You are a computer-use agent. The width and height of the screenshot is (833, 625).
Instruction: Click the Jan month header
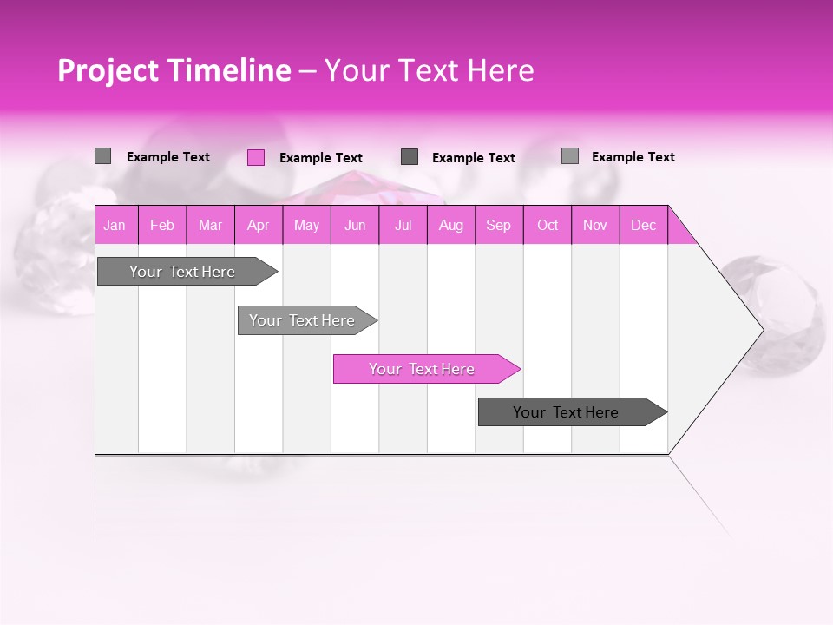[115, 225]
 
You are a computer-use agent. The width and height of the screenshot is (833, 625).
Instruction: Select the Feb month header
[162, 225]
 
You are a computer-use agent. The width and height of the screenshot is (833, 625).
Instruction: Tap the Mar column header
[210, 225]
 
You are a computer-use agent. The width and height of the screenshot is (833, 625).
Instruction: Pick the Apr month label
[259, 225]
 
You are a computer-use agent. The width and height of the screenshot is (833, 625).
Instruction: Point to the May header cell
[306, 225]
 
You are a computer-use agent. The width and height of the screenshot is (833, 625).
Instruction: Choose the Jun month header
[355, 225]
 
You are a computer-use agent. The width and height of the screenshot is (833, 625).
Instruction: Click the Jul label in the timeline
[403, 225]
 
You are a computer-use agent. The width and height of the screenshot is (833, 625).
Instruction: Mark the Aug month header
[451, 225]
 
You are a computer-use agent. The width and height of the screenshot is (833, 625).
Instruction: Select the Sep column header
[499, 225]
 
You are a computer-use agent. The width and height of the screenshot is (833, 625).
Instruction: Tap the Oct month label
[548, 225]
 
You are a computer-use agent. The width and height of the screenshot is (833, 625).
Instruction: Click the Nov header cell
[595, 225]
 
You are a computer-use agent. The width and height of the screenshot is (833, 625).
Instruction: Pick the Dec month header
[643, 225]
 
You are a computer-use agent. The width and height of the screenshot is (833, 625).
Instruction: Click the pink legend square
[255, 157]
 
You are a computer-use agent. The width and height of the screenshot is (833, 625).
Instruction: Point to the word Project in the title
[108, 70]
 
